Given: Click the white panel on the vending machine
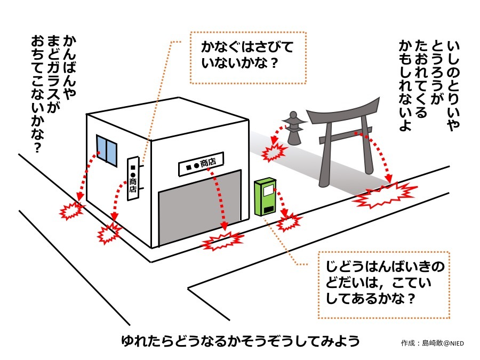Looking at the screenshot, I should (x=267, y=190).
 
